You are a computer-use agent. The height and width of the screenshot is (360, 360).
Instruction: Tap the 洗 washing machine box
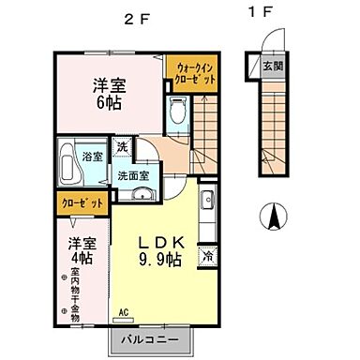121,146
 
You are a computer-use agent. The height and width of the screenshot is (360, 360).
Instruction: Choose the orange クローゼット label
81,202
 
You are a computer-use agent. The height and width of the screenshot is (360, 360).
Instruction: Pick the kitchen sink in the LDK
207,200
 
